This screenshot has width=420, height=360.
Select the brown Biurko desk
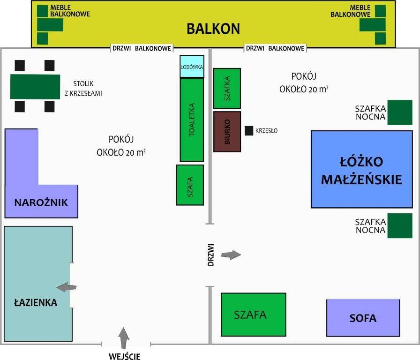[x=227, y=131]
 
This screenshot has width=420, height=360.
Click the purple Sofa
[x=363, y=318]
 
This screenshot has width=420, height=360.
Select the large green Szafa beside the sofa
[x=253, y=315]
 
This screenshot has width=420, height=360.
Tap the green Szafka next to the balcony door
[x=227, y=88]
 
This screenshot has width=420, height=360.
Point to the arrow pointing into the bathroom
[x=67, y=287]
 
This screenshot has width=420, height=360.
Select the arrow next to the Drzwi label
[x=231, y=255]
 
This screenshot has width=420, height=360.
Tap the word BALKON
[x=213, y=29]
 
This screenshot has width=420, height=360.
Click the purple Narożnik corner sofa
[x=41, y=202]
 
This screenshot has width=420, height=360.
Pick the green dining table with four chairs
[x=35, y=86]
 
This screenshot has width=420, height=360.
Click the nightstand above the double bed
[x=399, y=112]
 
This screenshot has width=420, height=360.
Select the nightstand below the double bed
[x=399, y=225]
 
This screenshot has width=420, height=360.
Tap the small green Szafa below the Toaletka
[x=190, y=185]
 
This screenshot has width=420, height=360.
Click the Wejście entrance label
[x=124, y=356]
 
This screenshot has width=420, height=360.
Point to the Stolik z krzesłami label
[x=83, y=89]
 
